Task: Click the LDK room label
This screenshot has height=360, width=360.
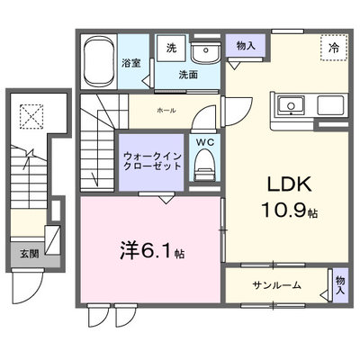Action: point(289,184)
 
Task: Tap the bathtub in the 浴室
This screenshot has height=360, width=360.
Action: point(99,62)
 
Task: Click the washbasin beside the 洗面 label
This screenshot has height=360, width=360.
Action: point(205,53)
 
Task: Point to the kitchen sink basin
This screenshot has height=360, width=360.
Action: point(291,105)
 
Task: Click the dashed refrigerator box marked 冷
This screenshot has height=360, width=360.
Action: point(334,48)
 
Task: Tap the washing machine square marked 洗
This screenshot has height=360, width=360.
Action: point(172,49)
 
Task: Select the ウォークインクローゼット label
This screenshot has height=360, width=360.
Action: point(152,161)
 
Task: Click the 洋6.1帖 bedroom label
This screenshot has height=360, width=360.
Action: point(152,251)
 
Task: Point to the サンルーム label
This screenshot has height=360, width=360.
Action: point(276,285)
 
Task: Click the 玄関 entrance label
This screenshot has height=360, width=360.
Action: point(30,254)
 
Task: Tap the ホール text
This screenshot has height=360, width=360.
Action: point(166,111)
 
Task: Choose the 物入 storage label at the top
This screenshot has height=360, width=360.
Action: point(246,46)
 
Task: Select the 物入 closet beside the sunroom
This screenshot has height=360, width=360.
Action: point(340,285)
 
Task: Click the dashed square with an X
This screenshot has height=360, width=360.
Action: point(31,116)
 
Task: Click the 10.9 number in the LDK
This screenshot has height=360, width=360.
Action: point(284,210)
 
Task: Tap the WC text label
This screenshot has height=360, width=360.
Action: point(205,142)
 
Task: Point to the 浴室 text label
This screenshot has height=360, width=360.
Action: point(131,63)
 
